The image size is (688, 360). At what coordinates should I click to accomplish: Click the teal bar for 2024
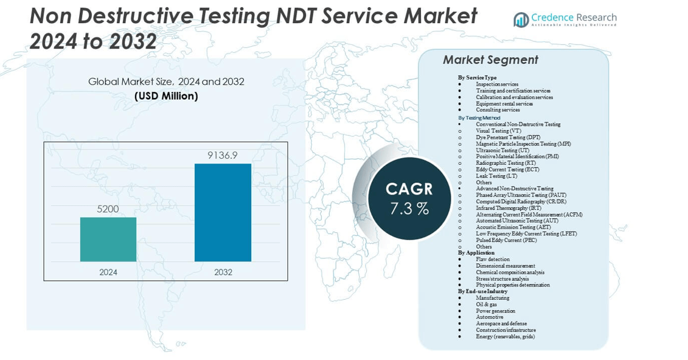click(108, 239)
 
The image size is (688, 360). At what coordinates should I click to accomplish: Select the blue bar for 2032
click(223, 212)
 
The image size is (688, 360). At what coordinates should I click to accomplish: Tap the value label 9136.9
click(223, 156)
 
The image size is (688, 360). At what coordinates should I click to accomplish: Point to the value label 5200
click(108, 209)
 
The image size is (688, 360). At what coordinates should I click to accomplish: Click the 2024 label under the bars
click(108, 272)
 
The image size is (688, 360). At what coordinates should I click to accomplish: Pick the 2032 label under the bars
click(223, 272)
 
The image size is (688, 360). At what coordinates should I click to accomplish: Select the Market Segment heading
click(490, 60)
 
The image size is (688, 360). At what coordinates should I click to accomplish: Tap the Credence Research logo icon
click(521, 19)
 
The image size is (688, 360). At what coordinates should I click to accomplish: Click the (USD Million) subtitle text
click(166, 96)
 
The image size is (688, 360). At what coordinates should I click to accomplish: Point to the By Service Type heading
click(477, 78)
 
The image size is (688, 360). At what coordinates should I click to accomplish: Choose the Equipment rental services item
click(504, 104)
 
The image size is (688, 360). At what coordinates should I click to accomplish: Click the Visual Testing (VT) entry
click(498, 131)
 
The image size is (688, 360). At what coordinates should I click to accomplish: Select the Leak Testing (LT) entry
click(496, 176)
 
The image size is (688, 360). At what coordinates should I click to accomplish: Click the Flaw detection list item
click(493, 260)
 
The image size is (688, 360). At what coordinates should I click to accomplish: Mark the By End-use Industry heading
click(482, 291)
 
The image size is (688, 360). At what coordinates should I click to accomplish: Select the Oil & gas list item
click(490, 305)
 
